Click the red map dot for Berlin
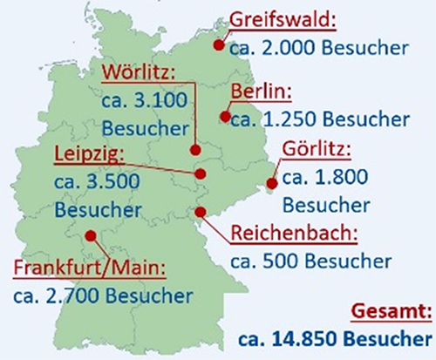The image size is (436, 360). point(225,116)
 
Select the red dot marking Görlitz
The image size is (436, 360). point(271,184)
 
